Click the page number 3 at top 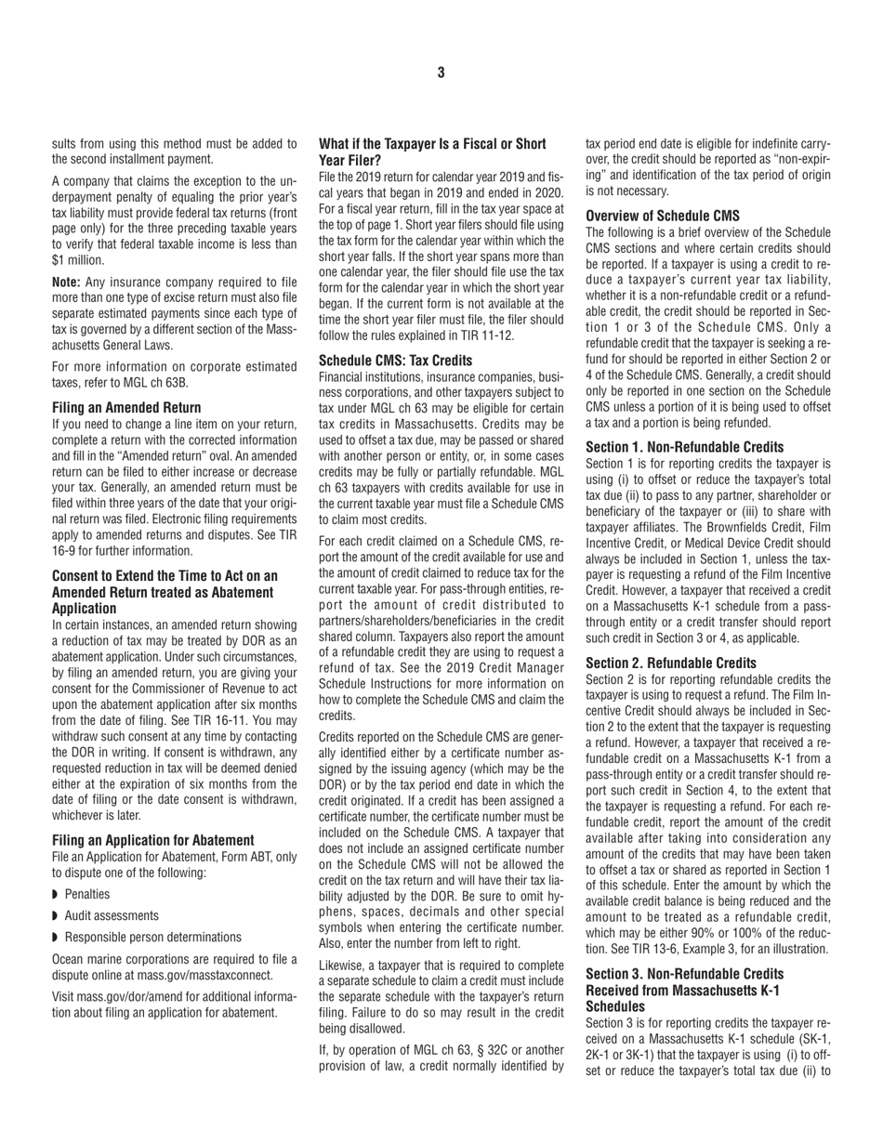click(441, 72)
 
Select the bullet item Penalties click(87, 894)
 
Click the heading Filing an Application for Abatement click(152, 839)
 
